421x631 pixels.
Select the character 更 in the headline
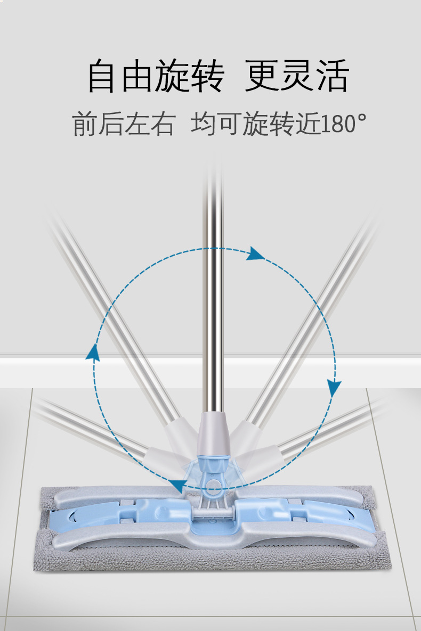coord(262,76)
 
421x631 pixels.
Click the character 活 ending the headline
coord(331,76)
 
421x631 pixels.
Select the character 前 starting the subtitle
coord(85,124)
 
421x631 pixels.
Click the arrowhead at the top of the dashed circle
coord(256,254)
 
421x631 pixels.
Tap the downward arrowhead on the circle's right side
coord(334,388)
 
